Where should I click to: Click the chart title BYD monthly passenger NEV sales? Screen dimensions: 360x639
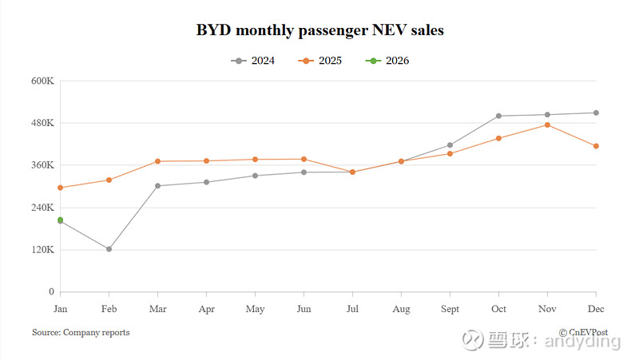(x=319, y=31)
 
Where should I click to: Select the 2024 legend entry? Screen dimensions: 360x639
(x=253, y=61)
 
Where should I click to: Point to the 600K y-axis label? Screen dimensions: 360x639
(x=42, y=81)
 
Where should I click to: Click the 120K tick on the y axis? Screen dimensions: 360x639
(x=42, y=250)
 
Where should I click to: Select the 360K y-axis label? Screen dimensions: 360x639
(x=42, y=165)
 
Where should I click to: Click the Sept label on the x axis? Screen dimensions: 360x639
(x=450, y=308)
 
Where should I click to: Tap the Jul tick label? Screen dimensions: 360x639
(x=352, y=308)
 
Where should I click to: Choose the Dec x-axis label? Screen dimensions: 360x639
(x=596, y=308)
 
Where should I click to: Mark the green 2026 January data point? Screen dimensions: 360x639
(x=60, y=220)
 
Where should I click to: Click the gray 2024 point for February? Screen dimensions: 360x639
(x=109, y=249)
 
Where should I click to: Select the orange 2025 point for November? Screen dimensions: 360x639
(x=547, y=125)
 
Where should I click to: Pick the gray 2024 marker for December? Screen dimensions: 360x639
(x=596, y=113)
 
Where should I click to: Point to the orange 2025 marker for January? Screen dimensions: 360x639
(x=60, y=188)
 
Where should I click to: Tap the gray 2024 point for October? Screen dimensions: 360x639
(x=498, y=116)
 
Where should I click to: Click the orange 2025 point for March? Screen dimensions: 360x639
(x=157, y=161)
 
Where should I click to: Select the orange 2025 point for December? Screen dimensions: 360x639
(x=596, y=146)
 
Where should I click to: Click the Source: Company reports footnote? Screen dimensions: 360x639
(x=81, y=332)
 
